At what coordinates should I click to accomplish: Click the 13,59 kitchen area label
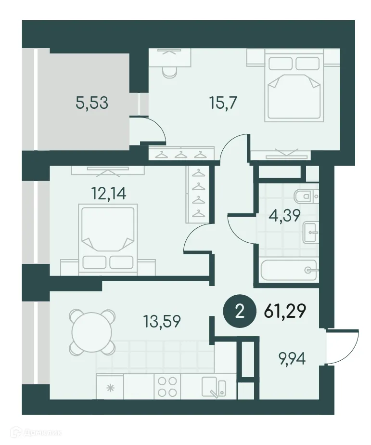point(162,321)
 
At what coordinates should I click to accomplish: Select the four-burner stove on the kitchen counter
point(166,386)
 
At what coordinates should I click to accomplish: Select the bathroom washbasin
point(308,233)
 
